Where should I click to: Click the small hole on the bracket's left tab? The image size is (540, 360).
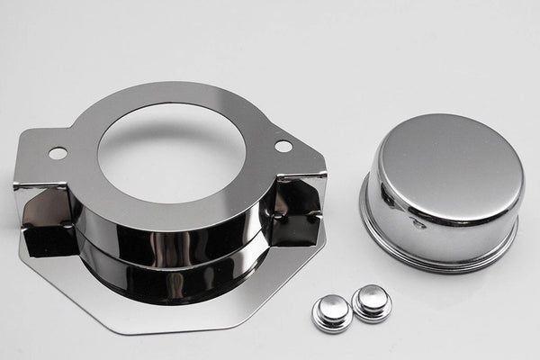click(x=58, y=153)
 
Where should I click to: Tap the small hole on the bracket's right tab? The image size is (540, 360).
click(x=283, y=146)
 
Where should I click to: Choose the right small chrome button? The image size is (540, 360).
click(x=372, y=301)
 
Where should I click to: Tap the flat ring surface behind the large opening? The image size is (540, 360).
click(x=171, y=94)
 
